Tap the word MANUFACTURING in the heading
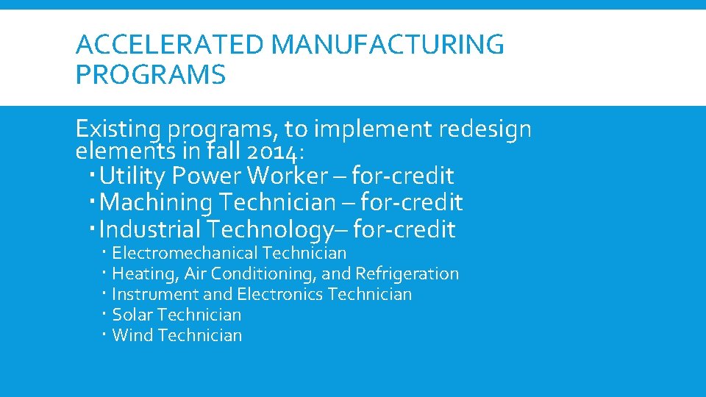click(388, 46)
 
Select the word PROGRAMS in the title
click(151, 74)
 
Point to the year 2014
click(272, 152)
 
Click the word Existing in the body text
click(118, 130)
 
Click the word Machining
click(152, 202)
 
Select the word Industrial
click(149, 229)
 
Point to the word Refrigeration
click(407, 274)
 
